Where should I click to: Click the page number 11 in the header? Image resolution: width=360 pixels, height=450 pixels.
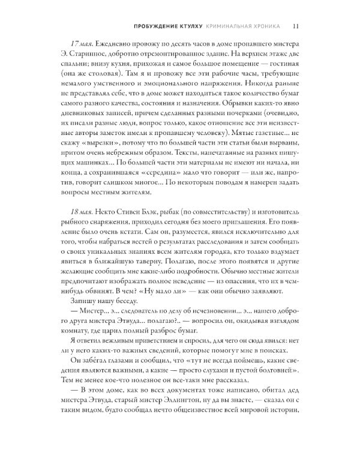[x=297, y=26]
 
